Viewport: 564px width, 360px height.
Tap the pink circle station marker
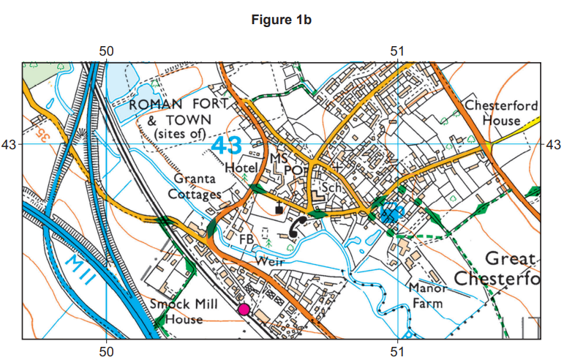pos(244,310)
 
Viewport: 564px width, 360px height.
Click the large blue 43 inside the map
pos(226,145)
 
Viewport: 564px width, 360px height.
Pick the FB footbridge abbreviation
pos(247,239)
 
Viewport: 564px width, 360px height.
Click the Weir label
pos(269,261)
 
